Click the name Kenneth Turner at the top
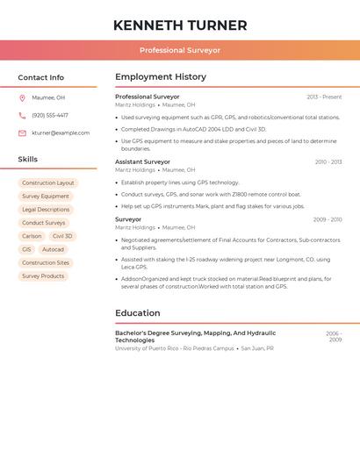pyautogui.click(x=180, y=25)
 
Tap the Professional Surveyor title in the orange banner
pyautogui.click(x=180, y=51)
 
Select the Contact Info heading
pyautogui.click(x=41, y=77)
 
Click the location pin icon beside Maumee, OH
pyautogui.click(x=22, y=98)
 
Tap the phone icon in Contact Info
pyautogui.click(x=22, y=116)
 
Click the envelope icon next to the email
pyautogui.click(x=22, y=133)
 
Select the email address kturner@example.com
pyautogui.click(x=61, y=133)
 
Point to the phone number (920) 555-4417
pyautogui.click(x=50, y=116)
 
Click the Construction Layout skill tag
pyautogui.click(x=48, y=183)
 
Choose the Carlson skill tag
pyautogui.click(x=32, y=237)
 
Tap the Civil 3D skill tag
pyautogui.click(x=62, y=237)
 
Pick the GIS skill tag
pyautogui.click(x=26, y=250)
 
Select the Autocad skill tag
pyautogui.click(x=53, y=250)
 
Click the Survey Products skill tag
pyautogui.click(x=43, y=276)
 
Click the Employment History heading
pyautogui.click(x=161, y=77)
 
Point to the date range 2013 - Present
pyautogui.click(x=324, y=97)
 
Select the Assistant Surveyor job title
pyautogui.click(x=143, y=162)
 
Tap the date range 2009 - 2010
pyautogui.click(x=328, y=220)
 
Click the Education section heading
pyautogui.click(x=138, y=313)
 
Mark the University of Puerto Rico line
pyautogui.click(x=175, y=348)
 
